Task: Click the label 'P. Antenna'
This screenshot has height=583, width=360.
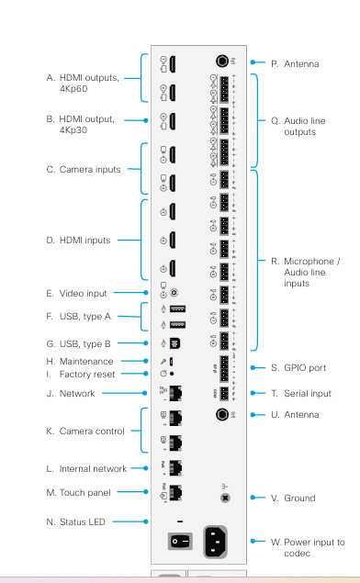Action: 295,64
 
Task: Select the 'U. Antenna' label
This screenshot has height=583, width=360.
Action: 295,415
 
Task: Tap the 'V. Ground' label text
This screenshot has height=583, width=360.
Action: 293,499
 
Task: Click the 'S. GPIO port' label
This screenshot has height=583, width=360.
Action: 299,368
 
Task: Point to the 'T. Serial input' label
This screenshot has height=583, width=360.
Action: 301,392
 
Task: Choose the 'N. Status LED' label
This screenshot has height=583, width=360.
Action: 77,522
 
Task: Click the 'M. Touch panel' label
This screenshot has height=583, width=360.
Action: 78,493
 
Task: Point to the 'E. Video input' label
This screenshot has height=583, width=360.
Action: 76,294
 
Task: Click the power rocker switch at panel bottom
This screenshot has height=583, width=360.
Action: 177,542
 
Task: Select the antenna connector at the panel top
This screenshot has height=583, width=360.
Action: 221,63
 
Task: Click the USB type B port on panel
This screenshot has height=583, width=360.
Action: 175,343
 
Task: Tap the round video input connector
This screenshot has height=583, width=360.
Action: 174,294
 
